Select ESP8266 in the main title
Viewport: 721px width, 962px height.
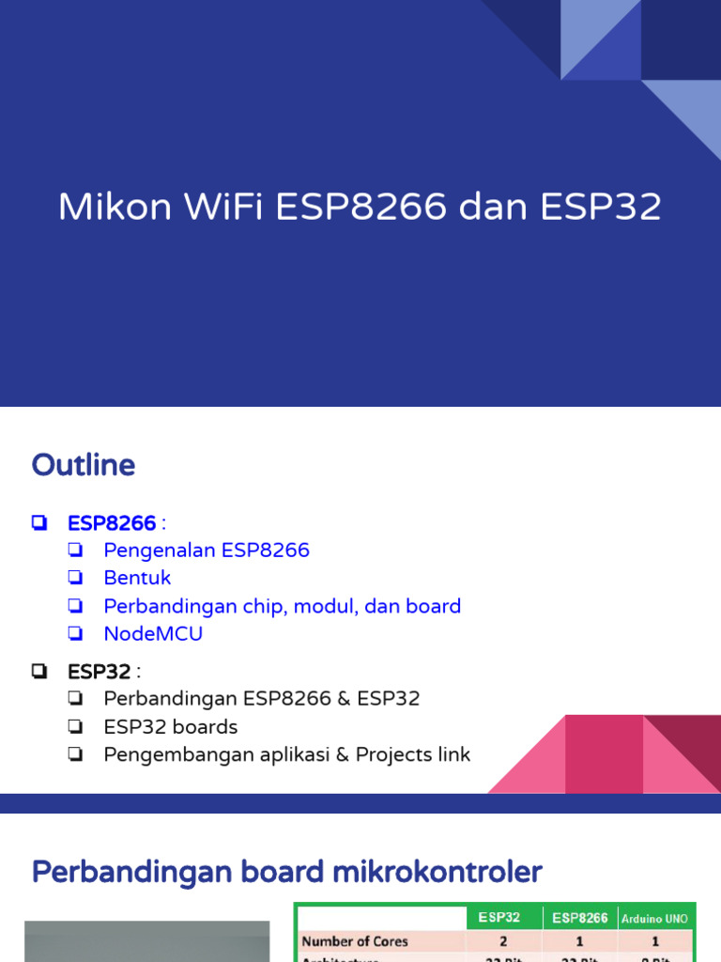pos(361,208)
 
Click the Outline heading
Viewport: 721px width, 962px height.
pos(84,465)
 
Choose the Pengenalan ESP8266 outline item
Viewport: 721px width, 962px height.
pos(207,551)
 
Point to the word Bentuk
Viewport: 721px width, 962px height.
pos(137,578)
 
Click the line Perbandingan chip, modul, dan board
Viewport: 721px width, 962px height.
pos(282,606)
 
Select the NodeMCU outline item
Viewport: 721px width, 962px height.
pos(153,633)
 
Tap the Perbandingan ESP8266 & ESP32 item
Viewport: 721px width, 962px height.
pos(261,699)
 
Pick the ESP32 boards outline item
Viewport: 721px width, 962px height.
pos(170,727)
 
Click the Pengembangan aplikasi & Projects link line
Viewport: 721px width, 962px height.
pos(286,754)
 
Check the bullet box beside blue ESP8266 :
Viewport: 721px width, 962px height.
pos(38,523)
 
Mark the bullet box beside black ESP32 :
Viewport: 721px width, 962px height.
pos(38,672)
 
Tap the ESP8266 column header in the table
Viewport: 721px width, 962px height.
pos(579,917)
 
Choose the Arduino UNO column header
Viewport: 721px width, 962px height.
pos(655,918)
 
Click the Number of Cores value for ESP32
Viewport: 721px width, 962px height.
pos(503,940)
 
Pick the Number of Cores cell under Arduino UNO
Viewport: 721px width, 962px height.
pos(655,940)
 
